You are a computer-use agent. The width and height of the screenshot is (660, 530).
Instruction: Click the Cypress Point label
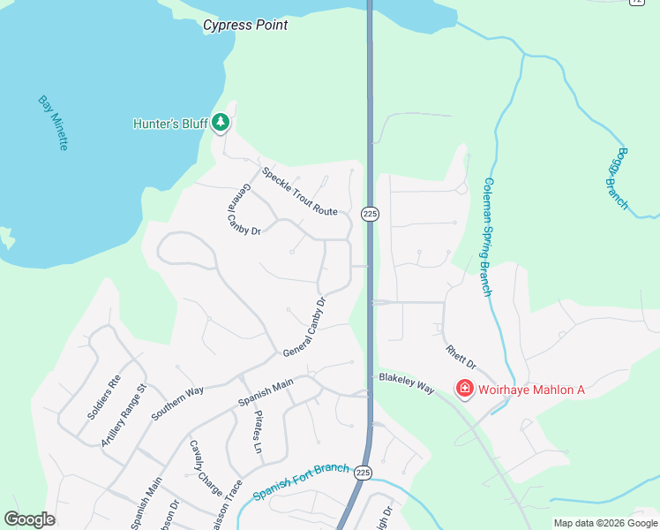pos(245,25)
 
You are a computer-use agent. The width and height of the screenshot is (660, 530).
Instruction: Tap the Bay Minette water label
pos(52,123)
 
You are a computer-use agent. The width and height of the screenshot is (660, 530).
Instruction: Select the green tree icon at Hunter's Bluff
pos(221,124)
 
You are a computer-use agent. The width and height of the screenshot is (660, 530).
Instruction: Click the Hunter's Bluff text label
pos(169,124)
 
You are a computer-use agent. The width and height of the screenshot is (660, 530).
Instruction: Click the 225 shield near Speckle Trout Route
pos(370,215)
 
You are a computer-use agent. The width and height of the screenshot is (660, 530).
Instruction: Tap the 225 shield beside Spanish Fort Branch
pos(363,473)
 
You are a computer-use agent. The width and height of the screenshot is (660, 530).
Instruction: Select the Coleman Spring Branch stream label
pos(486,237)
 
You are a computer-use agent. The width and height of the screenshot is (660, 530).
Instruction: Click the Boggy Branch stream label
pos(617,178)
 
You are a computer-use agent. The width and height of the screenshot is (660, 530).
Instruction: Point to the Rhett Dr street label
pos(461,358)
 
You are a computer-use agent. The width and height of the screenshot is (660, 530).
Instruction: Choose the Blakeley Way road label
pos(407,382)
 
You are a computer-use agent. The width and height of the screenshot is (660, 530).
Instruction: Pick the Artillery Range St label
pos(123,415)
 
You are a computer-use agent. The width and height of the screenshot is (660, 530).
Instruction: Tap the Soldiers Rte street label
pos(103,397)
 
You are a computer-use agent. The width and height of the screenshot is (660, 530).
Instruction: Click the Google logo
pos(30,519)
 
